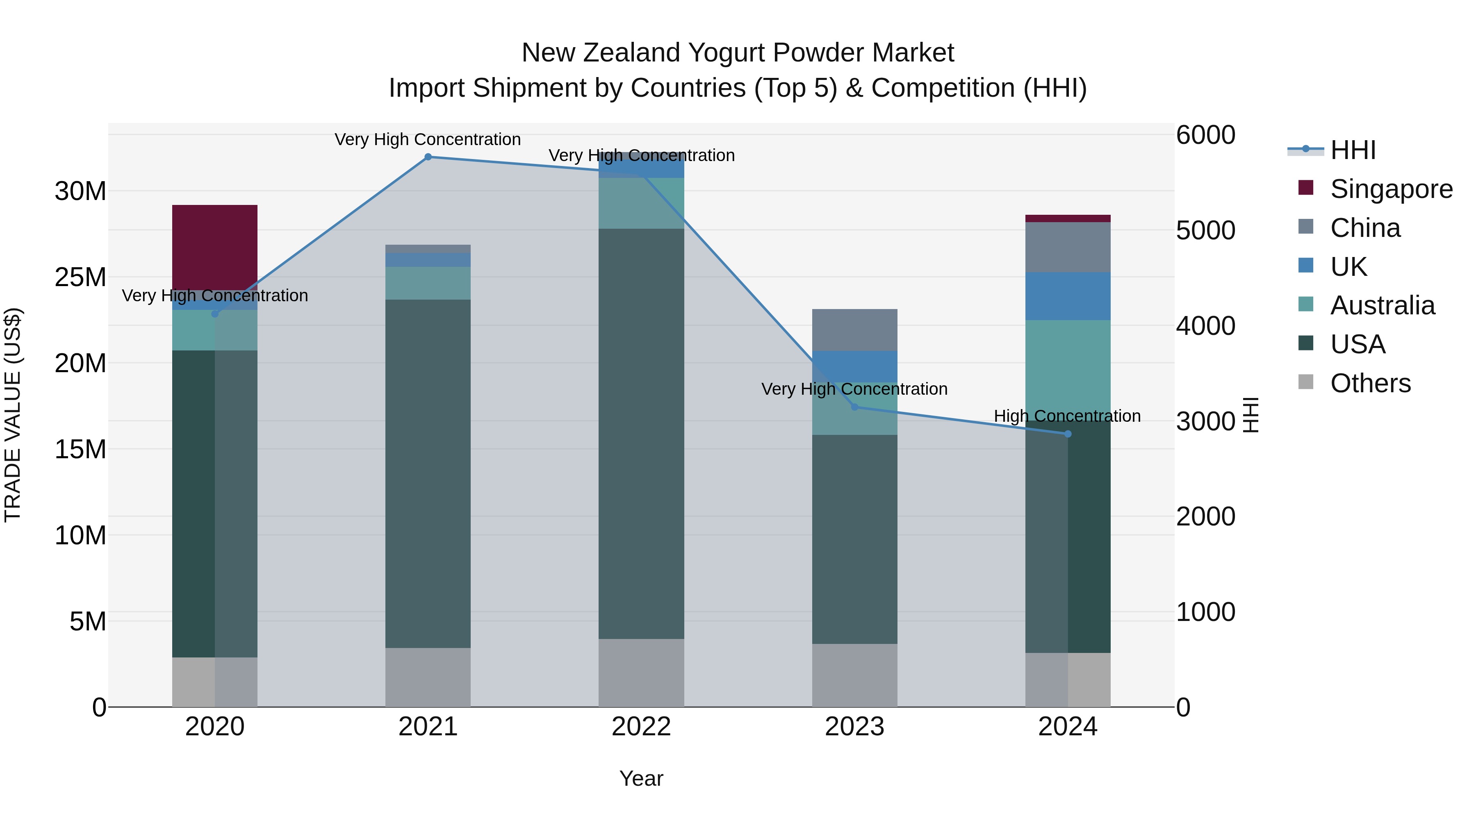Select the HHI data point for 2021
tap(428, 157)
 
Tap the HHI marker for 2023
tap(854, 407)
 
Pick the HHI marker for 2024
tap(1068, 434)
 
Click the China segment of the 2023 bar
tap(854, 330)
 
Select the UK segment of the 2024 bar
tap(1068, 296)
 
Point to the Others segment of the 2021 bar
tap(428, 677)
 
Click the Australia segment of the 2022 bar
tap(641, 203)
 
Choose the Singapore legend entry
tap(1391, 189)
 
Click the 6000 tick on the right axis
tap(1205, 135)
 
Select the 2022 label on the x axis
tap(641, 727)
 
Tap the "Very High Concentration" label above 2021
tap(428, 139)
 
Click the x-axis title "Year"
tap(641, 778)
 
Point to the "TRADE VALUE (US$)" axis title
tap(13, 415)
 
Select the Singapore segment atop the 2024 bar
tap(1068, 218)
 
